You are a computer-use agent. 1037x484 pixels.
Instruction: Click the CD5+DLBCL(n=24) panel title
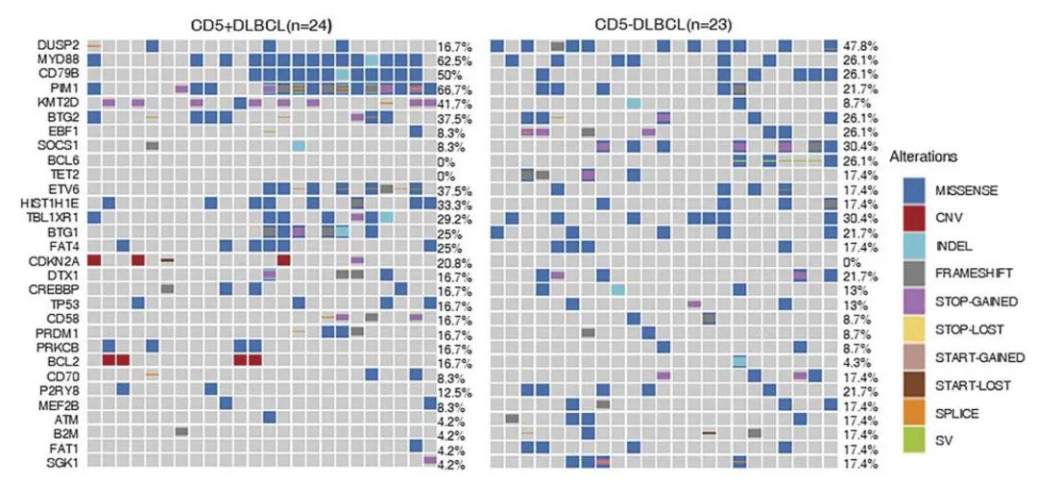(259, 22)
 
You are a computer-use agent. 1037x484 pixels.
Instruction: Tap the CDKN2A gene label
(60, 259)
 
